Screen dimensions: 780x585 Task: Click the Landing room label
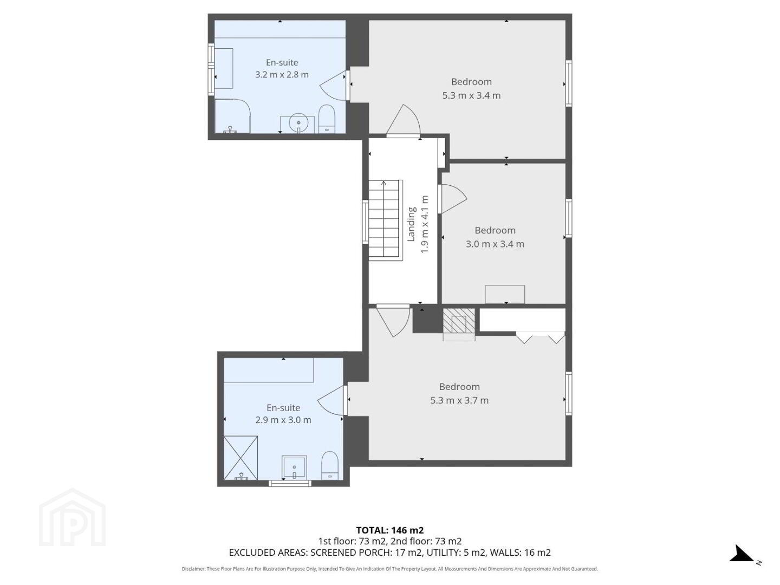tap(411, 224)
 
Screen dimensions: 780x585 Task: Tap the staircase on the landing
tap(385, 220)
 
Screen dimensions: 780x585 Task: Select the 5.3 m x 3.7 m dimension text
tap(459, 400)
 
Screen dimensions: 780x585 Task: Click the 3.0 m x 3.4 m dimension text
tap(495, 244)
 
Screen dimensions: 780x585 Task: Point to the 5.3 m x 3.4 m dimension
tap(471, 95)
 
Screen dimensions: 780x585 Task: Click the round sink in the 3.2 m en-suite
tap(298, 123)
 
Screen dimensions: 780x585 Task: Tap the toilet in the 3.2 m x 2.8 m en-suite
tap(327, 119)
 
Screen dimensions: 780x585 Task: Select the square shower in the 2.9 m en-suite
tap(240, 458)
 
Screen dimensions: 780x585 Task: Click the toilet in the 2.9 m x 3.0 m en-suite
tap(330, 466)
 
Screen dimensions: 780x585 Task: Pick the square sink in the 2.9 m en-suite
tap(294, 467)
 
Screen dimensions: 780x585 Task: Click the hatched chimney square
tap(459, 320)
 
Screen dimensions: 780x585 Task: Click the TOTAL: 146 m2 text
tap(390, 530)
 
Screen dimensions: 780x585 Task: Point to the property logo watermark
tap(72, 517)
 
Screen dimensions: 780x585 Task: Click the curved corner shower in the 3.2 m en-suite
tap(233, 116)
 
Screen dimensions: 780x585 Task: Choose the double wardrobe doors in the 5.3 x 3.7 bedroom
tap(540, 337)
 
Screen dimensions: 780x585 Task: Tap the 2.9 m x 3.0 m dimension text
tap(283, 420)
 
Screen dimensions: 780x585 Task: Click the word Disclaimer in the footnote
tap(193, 569)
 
